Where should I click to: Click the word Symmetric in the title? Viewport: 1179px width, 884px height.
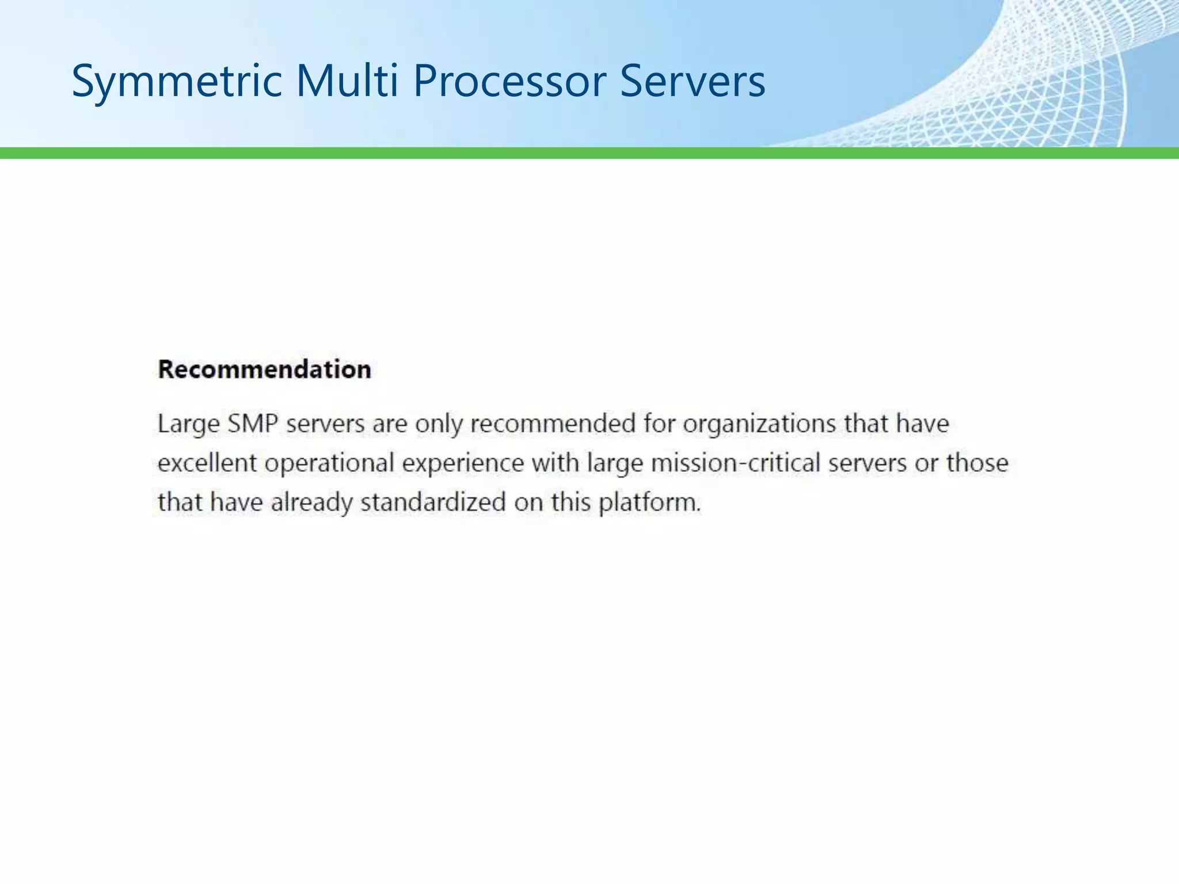click(x=176, y=81)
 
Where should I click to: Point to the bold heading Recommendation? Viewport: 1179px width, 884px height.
click(x=264, y=369)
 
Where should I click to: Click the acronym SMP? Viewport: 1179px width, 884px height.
click(x=253, y=424)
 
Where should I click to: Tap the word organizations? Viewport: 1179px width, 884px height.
click(x=759, y=424)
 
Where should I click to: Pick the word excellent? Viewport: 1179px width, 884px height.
click(x=207, y=463)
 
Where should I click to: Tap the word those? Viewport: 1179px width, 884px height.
click(x=978, y=463)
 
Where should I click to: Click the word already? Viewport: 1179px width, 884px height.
click(x=311, y=502)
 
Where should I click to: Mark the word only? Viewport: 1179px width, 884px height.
click(x=439, y=424)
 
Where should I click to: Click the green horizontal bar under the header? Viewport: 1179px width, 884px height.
click(x=589, y=153)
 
